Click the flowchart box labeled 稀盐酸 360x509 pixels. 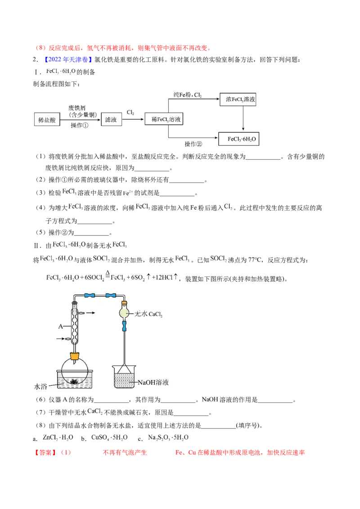tap(47, 120)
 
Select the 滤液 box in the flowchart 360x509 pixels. tap(111, 120)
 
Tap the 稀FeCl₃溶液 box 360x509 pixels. tap(164, 119)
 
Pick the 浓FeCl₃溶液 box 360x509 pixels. tap(238, 99)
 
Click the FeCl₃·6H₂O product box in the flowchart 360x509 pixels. tap(239, 139)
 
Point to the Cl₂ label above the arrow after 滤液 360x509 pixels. tap(130, 112)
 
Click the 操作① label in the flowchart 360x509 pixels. tap(80, 125)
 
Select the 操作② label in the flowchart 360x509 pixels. tap(193, 144)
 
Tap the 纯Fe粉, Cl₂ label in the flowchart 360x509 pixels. tap(188, 94)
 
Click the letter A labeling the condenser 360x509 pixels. tap(60, 326)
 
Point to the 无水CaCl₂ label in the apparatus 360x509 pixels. tap(148, 314)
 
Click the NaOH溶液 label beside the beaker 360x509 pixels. tap(153, 382)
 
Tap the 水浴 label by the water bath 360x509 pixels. tap(40, 387)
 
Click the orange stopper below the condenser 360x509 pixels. tap(75, 357)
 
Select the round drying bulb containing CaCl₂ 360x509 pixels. tap(124, 313)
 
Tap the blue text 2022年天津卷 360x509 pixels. tap(68, 59)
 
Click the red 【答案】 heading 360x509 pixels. tap(45, 452)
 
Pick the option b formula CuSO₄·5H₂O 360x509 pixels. tap(109, 438)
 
